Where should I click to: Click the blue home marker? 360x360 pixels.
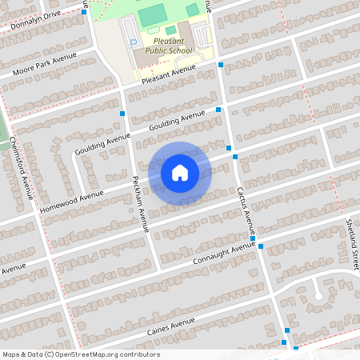179,172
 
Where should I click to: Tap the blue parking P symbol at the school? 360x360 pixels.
134,42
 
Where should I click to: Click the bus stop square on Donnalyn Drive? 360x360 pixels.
84,12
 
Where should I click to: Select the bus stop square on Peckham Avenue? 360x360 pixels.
122,114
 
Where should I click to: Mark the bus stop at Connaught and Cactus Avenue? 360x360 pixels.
253,238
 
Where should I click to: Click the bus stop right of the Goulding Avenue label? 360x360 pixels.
218,110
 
